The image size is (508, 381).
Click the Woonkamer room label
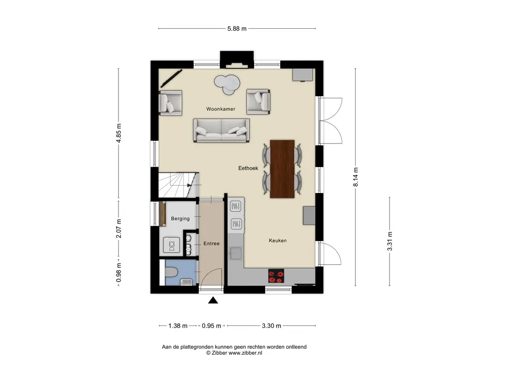coord(221,109)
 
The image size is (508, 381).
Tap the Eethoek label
coord(248,168)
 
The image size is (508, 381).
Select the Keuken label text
coord(278,241)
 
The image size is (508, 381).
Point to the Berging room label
coord(180,219)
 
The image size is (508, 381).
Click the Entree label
coord(211,243)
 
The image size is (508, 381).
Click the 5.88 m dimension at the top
coord(237,28)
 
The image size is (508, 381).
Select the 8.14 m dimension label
coord(355,177)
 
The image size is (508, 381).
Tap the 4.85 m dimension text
coord(119,133)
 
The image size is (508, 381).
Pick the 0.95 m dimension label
coord(211,325)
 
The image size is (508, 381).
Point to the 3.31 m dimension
coord(390,242)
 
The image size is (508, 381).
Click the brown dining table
coord(282,169)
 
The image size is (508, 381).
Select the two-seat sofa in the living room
coord(221,130)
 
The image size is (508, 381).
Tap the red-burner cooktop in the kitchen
coord(276,276)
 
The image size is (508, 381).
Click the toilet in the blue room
coord(171,272)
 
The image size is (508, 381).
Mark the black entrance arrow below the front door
coord(213,300)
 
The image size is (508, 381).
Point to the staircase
coord(178,185)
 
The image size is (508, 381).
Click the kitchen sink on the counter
coord(235,254)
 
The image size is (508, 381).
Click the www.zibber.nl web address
coord(245,353)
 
